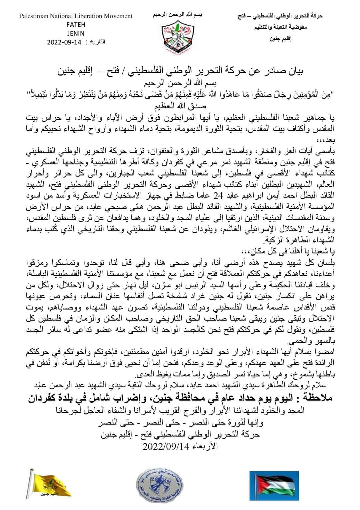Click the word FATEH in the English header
(x=76, y=25)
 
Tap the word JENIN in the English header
(x=76, y=33)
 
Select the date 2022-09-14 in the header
(x=64, y=42)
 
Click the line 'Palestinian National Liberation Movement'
(x=76, y=16)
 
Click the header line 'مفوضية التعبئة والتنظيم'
(x=281, y=27)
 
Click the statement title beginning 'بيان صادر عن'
(x=180, y=71)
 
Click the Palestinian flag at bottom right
(x=272, y=484)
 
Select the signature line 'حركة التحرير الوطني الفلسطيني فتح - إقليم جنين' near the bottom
(x=180, y=435)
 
